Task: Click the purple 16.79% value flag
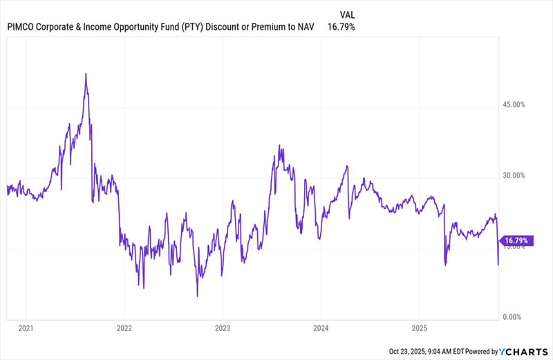point(516,240)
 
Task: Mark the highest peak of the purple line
point(85,73)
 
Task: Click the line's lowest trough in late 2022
point(197,296)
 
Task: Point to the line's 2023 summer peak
point(279,146)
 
